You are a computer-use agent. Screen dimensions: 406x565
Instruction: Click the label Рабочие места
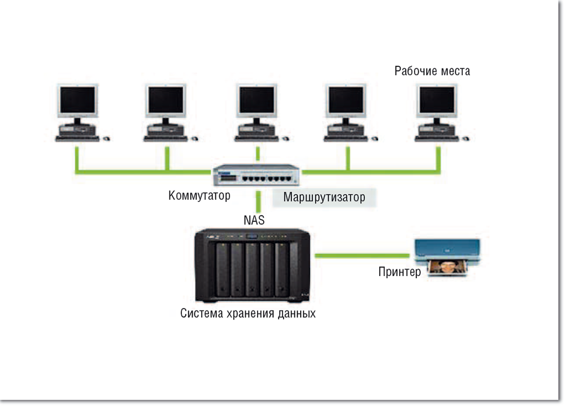[x=432, y=71]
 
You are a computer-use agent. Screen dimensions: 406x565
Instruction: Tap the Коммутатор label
[x=199, y=196]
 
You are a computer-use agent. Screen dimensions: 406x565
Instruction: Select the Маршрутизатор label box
[x=324, y=198]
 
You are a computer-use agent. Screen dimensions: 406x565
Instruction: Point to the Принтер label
[x=399, y=273]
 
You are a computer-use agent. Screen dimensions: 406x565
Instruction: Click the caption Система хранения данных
[x=247, y=313]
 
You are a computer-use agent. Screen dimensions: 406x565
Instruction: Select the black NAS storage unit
[x=252, y=265]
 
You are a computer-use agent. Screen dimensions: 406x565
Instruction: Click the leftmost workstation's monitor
[x=77, y=102]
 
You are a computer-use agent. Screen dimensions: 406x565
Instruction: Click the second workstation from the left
[x=167, y=113]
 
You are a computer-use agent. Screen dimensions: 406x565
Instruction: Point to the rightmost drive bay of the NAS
[x=281, y=269]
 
